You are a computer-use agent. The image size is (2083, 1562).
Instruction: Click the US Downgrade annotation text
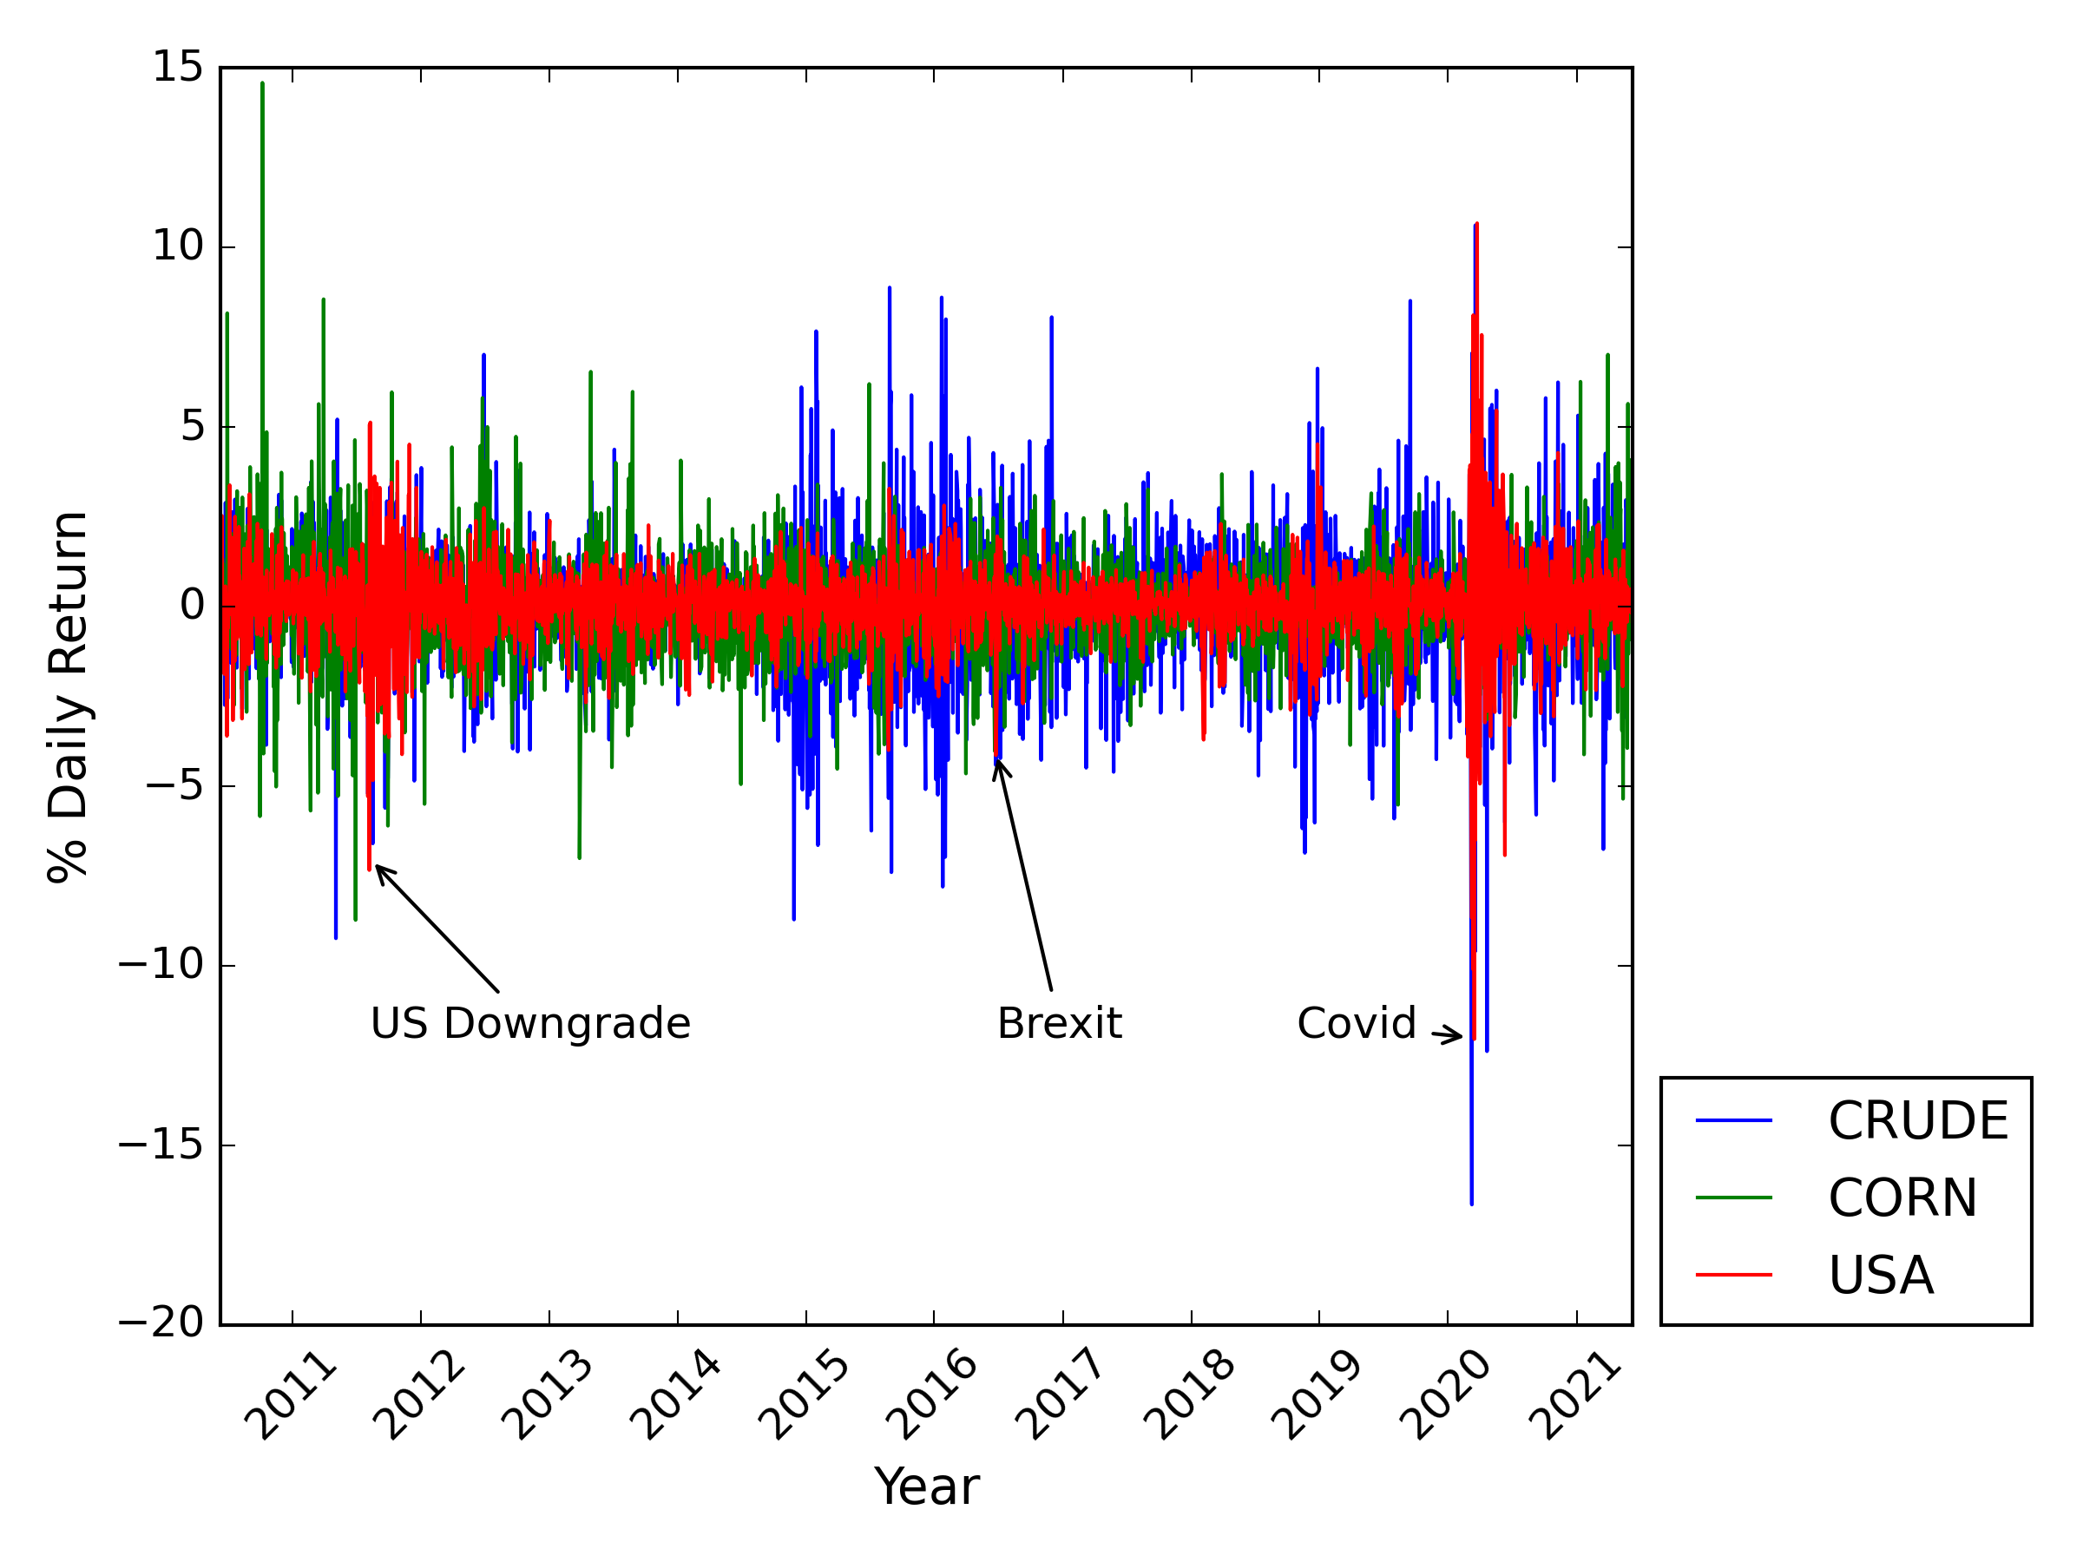tap(530, 1023)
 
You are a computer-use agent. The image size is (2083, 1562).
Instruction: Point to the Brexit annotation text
tap(1060, 1023)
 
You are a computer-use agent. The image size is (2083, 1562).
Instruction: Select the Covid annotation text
tap(1356, 1023)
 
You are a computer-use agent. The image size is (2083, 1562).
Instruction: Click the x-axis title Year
tap(927, 1487)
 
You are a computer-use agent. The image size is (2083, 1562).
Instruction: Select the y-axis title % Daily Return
tap(68, 697)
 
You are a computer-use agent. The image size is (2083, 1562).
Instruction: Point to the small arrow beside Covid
tap(1448, 1035)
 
